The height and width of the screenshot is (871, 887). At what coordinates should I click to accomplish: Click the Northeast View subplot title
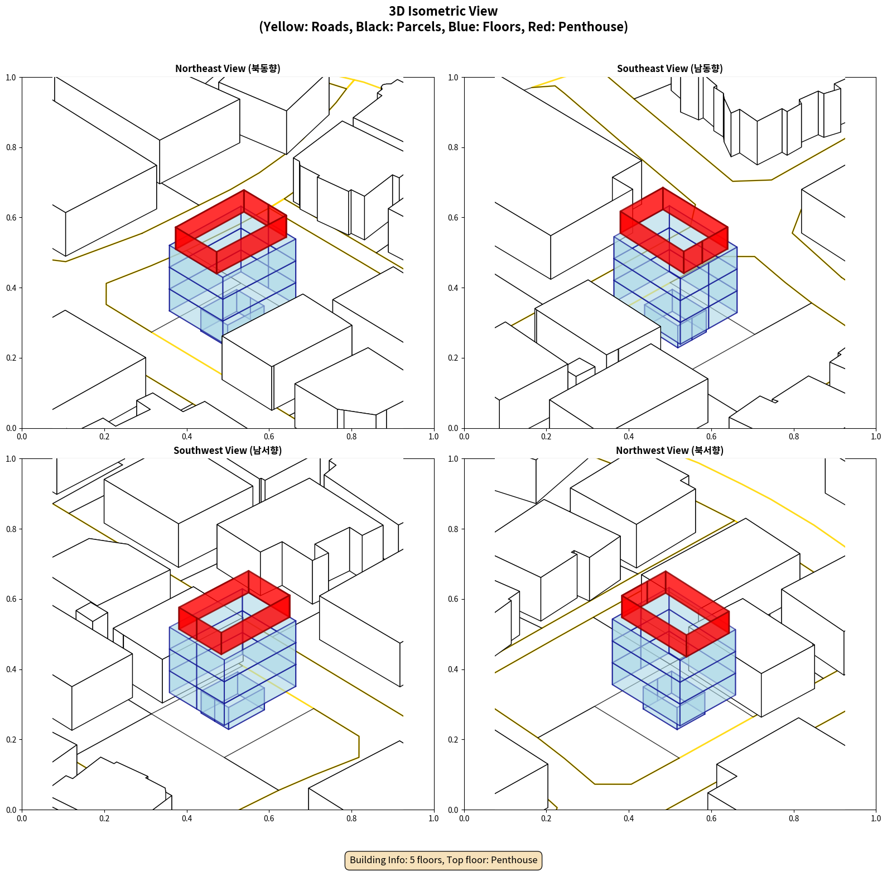228,69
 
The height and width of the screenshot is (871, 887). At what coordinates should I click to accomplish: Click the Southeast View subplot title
669,69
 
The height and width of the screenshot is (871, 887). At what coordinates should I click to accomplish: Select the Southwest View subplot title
228,451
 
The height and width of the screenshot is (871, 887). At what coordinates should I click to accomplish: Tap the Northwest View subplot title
669,451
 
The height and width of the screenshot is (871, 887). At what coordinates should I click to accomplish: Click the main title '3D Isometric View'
443,11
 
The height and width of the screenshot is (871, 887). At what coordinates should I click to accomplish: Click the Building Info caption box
443,860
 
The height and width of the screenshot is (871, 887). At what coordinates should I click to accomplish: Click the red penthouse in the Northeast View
196,240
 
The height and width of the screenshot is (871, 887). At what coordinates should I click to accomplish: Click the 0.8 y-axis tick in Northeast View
11,147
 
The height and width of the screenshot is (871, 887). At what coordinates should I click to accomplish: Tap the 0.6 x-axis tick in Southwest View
269,819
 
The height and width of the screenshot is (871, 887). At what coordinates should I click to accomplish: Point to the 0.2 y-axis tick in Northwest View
453,740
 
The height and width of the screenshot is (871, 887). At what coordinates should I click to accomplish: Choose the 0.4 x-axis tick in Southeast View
629,437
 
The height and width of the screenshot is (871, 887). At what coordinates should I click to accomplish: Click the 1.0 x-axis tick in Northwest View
876,819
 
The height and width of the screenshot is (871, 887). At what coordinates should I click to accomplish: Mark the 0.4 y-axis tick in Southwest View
11,669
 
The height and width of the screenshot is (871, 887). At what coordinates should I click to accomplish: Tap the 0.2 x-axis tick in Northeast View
104,437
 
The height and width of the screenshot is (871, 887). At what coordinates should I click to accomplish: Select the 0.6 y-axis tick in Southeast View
453,218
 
